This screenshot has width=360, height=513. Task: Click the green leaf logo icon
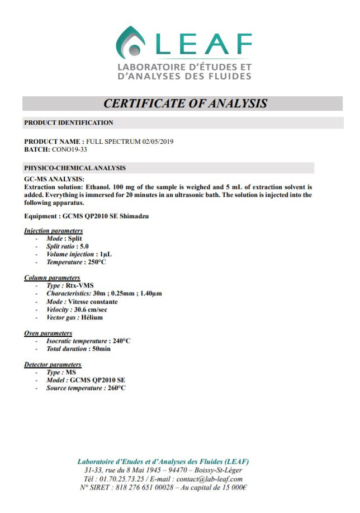[130, 43]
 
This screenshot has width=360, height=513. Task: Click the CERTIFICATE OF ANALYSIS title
[185, 103]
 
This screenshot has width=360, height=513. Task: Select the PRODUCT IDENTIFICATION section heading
[69, 123]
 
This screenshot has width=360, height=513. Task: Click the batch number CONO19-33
[69, 149]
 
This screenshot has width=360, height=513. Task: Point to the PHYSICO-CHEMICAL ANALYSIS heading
[75, 168]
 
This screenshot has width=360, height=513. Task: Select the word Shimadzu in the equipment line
[134, 215]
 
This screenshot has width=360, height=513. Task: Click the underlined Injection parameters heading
[54, 230]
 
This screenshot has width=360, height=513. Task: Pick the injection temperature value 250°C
[97, 262]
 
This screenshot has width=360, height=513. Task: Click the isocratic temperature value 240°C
[120, 341]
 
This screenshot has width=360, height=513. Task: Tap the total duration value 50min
[101, 349]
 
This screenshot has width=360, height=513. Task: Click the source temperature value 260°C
[116, 388]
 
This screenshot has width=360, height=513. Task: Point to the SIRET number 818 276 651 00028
[145, 487]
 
